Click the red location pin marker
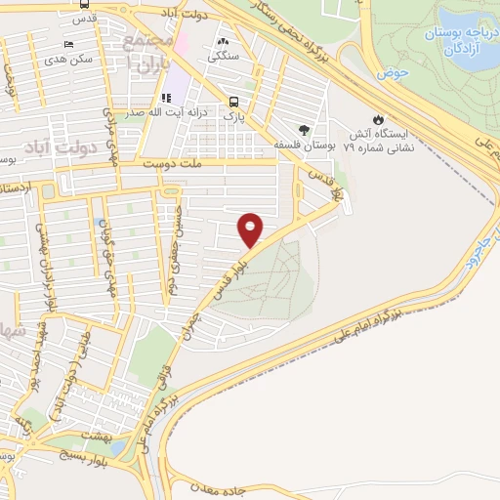pos(251,230)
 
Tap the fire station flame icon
pos(376,112)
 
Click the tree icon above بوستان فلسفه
pos(305,129)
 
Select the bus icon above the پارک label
pos(232,102)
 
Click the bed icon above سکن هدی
pos(67,45)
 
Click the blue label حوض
pos(396,72)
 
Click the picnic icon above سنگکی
pos(225,42)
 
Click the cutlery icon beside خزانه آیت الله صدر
pos(166,98)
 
